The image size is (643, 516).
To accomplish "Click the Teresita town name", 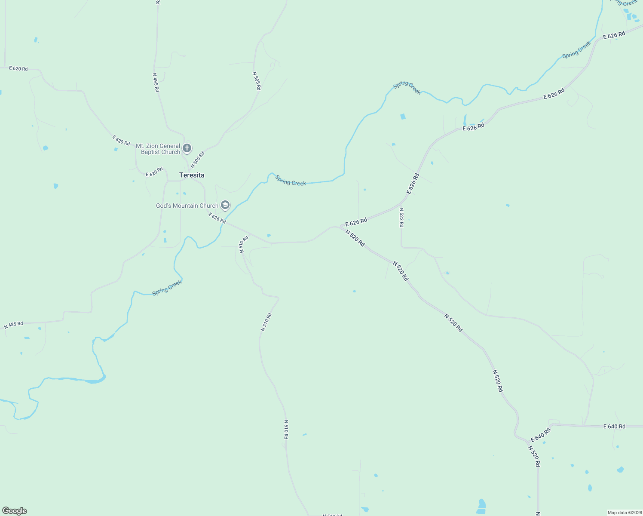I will click(x=192, y=175).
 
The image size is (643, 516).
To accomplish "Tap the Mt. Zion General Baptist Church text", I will click(x=158, y=149).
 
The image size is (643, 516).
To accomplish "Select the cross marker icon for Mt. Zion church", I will click(x=187, y=148).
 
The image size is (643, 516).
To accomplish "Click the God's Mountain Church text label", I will click(x=187, y=206).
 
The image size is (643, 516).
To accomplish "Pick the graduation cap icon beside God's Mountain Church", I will click(x=225, y=205).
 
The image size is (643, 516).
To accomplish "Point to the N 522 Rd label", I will click(x=401, y=218).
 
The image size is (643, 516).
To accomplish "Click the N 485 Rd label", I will click(x=13, y=325).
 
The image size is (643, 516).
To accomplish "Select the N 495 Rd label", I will click(x=156, y=82).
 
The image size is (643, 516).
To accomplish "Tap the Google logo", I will click(x=14, y=511).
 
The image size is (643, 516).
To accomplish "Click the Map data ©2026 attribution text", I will click(x=624, y=513).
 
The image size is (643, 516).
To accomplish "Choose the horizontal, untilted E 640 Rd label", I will click(x=614, y=427).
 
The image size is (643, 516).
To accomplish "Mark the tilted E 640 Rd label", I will click(x=541, y=435).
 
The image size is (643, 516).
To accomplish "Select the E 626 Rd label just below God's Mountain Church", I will click(x=217, y=218).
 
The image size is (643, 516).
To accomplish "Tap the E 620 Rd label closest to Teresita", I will click(x=154, y=172).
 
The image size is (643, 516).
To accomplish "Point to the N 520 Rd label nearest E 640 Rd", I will click(x=534, y=456).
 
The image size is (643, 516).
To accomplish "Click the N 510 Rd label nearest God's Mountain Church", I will click(x=244, y=244).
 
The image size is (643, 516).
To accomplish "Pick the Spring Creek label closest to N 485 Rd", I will click(x=167, y=287).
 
